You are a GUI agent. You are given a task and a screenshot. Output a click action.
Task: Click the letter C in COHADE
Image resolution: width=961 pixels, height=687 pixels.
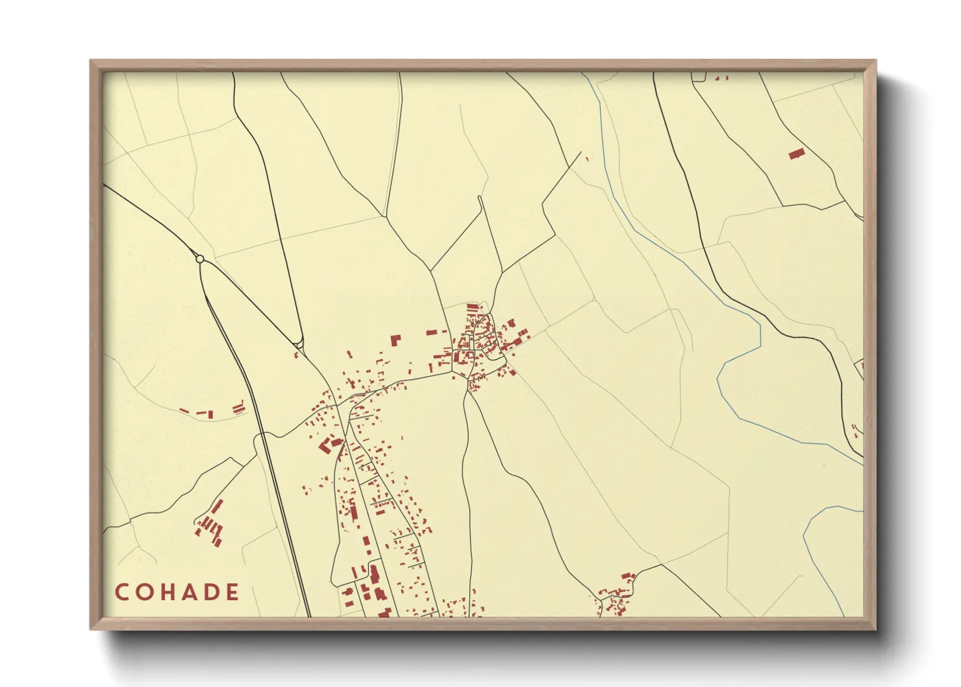pos(121,592)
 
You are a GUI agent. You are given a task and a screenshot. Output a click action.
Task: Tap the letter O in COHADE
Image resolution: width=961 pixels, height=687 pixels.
pos(144,592)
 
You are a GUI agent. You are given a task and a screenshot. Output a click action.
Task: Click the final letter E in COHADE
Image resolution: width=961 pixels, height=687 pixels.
pos(232,592)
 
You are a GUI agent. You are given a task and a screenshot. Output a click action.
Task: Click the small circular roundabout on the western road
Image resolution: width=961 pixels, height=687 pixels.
pos(200,259)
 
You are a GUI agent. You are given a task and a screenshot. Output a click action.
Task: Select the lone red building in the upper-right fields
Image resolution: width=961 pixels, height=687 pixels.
pos(797,154)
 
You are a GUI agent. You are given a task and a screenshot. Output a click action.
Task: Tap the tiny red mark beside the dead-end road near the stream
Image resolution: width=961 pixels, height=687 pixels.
pos(587,158)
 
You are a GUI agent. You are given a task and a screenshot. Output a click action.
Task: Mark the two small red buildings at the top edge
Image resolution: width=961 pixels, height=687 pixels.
pos(721,78)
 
